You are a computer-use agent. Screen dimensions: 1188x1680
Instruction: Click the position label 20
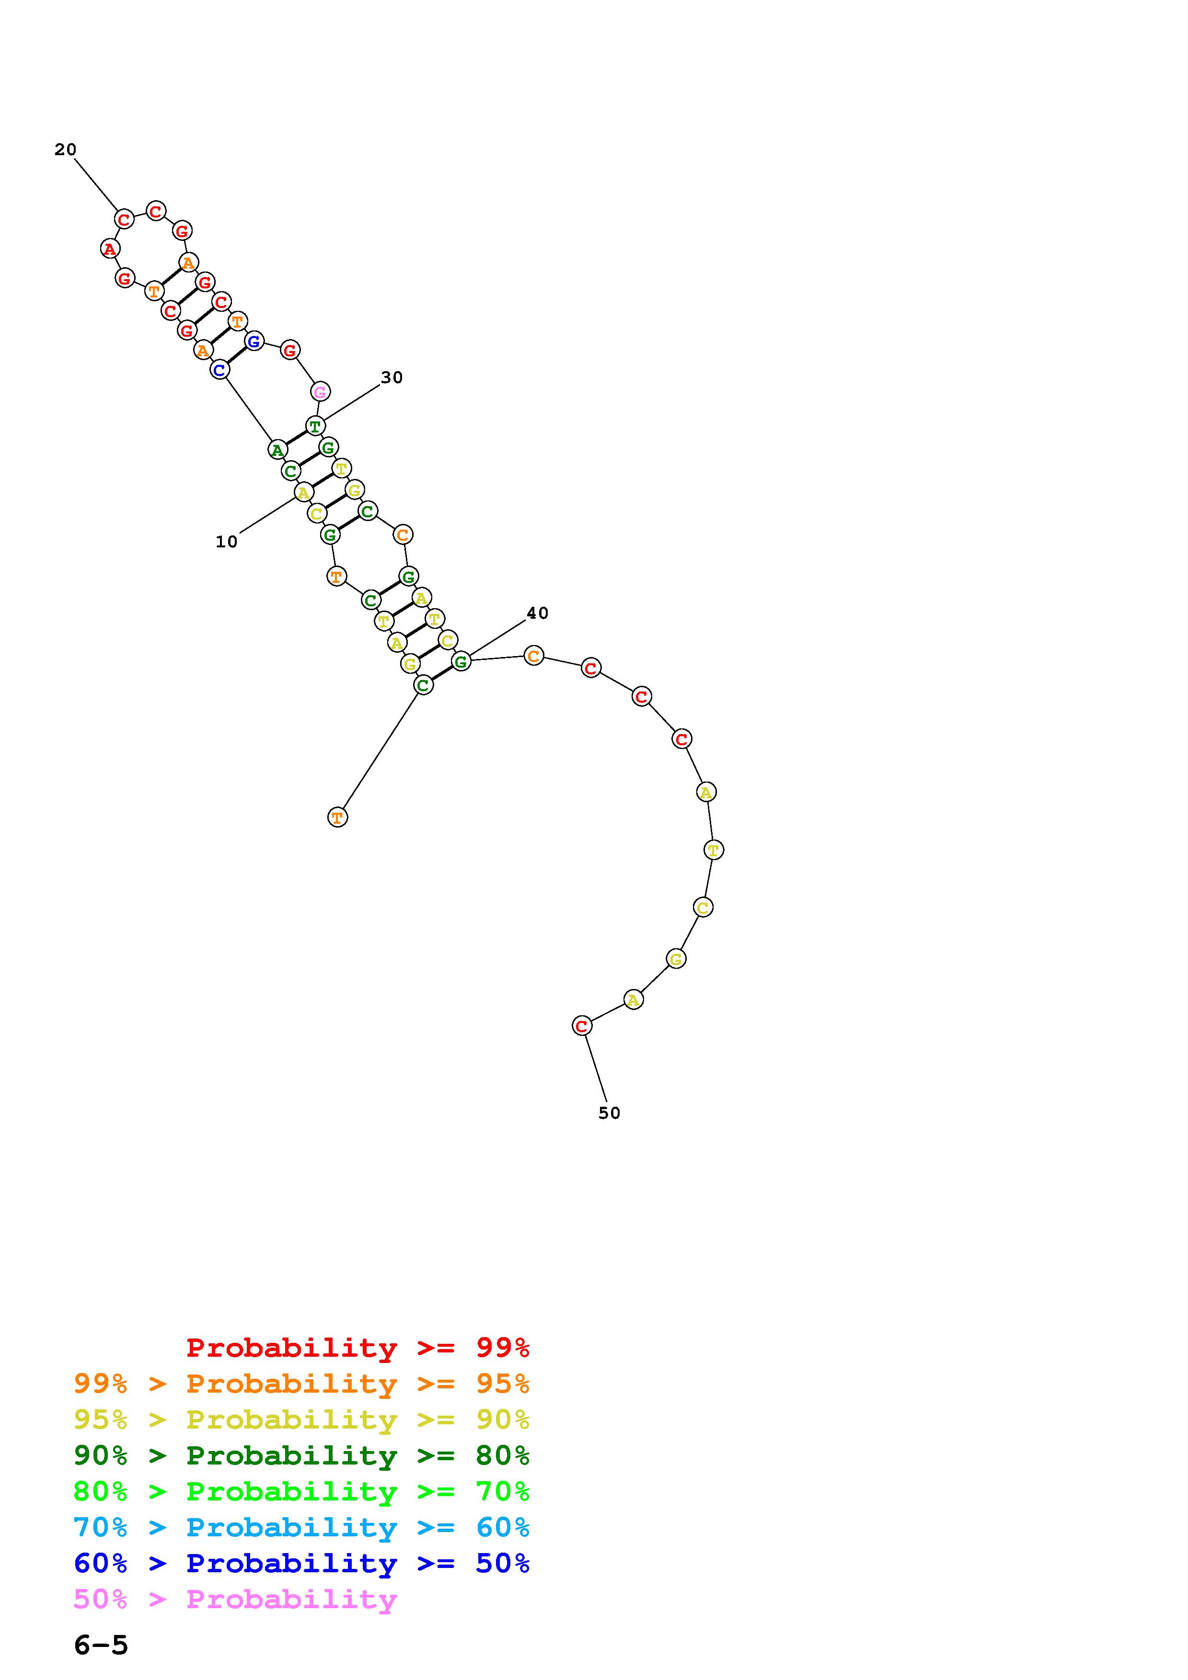pyautogui.click(x=65, y=149)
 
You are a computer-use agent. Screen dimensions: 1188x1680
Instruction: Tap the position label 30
pyautogui.click(x=392, y=377)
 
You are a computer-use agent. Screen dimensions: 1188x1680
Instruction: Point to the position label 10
pyautogui.click(x=226, y=542)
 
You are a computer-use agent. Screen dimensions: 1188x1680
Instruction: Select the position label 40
pyautogui.click(x=537, y=613)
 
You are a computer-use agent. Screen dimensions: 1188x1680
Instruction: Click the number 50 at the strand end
pyautogui.click(x=609, y=1113)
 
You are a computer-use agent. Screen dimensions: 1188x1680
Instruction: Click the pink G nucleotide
pyautogui.click(x=320, y=392)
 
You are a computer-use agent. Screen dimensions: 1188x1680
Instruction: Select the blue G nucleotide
pyautogui.click(x=254, y=341)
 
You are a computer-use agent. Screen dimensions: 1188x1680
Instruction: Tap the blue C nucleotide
pyautogui.click(x=219, y=370)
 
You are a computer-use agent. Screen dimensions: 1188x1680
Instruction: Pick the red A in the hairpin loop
pyautogui.click(x=110, y=249)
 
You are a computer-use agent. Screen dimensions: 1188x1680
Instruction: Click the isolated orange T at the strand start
pyautogui.click(x=337, y=817)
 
